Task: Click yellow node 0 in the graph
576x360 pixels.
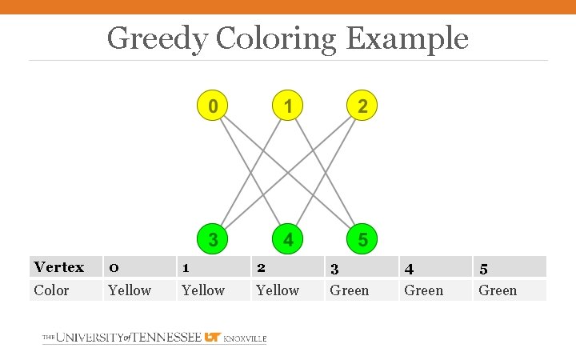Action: (x=212, y=106)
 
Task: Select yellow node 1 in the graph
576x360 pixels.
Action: (x=287, y=106)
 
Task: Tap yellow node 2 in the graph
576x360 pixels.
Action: (x=362, y=106)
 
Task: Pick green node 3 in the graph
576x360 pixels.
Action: (x=212, y=239)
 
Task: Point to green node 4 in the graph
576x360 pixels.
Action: (x=287, y=239)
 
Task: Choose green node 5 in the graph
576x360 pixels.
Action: (x=362, y=239)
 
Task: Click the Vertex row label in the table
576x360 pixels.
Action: (x=59, y=267)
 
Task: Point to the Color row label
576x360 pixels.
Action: (x=52, y=290)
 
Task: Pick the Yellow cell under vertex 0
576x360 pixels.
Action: (x=130, y=290)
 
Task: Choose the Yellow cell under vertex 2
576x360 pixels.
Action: (x=278, y=290)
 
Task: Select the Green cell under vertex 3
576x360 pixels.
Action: (x=350, y=290)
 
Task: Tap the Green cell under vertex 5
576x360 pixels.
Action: (x=498, y=290)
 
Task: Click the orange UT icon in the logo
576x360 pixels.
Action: (x=213, y=338)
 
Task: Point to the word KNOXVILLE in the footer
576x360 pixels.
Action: (x=245, y=338)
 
